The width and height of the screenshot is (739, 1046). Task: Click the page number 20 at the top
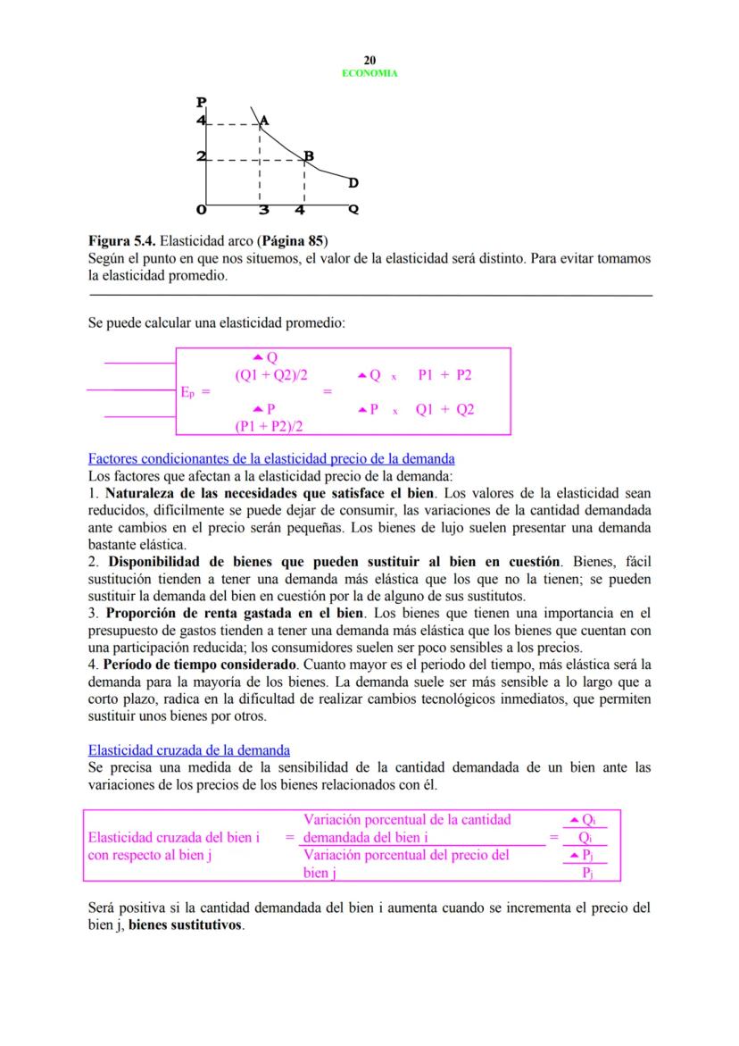coord(369,60)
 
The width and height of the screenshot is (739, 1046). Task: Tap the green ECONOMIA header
coord(369,73)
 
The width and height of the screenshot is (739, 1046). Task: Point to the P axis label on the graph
coord(202,102)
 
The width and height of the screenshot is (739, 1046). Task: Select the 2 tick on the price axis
coord(201,157)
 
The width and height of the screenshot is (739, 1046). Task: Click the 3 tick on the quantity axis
coord(263,212)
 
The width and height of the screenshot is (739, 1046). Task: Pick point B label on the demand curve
coord(309,156)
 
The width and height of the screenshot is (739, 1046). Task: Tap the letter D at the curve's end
coord(353,183)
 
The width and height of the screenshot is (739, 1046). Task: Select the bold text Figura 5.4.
coord(120,241)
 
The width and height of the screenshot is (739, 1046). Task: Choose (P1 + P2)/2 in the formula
coord(269,426)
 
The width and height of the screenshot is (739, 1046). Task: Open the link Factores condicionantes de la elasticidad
coord(271,459)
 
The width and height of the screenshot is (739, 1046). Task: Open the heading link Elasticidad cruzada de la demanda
coord(188,750)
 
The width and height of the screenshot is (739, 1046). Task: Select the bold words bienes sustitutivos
coord(186,925)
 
